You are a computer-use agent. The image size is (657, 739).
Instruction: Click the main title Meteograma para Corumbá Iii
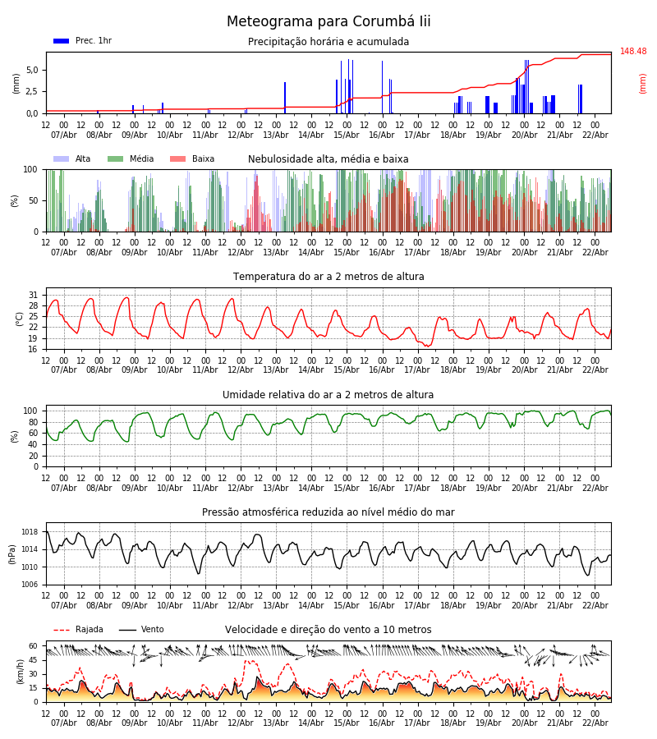[x=328, y=22]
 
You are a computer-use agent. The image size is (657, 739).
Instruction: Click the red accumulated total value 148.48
[x=633, y=52]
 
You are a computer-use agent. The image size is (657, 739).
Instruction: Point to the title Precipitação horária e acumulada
[x=328, y=42]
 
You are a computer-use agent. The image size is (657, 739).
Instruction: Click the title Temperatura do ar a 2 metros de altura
[x=328, y=277]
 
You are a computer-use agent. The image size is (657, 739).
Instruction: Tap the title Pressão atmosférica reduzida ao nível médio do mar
[x=328, y=512]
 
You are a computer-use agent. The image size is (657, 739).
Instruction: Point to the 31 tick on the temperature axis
[x=34, y=295]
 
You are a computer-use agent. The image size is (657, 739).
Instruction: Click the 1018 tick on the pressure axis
[x=30, y=532]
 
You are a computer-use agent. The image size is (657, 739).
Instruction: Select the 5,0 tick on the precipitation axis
[x=32, y=71]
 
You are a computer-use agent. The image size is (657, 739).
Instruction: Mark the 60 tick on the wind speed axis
[x=34, y=646]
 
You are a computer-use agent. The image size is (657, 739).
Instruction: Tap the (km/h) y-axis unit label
[x=20, y=671]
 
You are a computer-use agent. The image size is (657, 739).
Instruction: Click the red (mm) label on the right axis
[x=643, y=83]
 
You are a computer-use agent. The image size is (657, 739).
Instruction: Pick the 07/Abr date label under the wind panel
[x=64, y=723]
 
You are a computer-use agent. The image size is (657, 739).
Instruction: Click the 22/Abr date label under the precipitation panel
[x=595, y=135]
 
